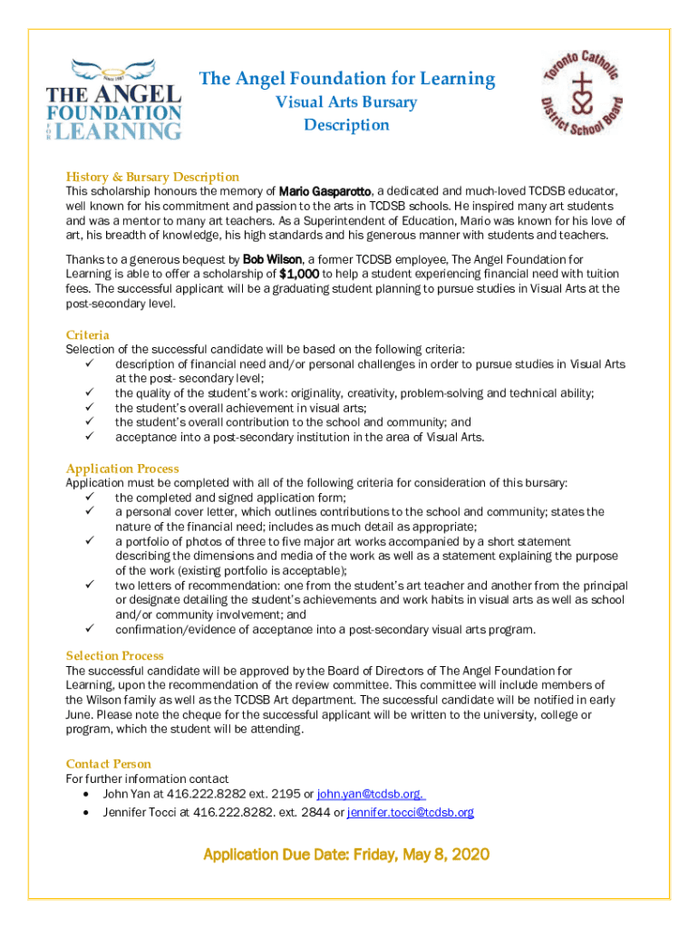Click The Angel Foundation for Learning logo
coord(114,100)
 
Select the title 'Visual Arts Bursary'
coord(346,101)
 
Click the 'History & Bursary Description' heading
coord(152,177)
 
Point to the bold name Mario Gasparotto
coord(325,192)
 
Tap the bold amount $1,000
coord(299,275)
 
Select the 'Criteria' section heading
coord(88,334)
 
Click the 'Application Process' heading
coord(122,469)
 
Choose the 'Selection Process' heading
coord(115,655)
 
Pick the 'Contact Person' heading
coord(109,764)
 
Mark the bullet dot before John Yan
coord(85,794)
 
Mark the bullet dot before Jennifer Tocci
coord(85,812)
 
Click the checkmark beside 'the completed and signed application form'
coord(90,498)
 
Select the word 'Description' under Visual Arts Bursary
coord(346,125)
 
